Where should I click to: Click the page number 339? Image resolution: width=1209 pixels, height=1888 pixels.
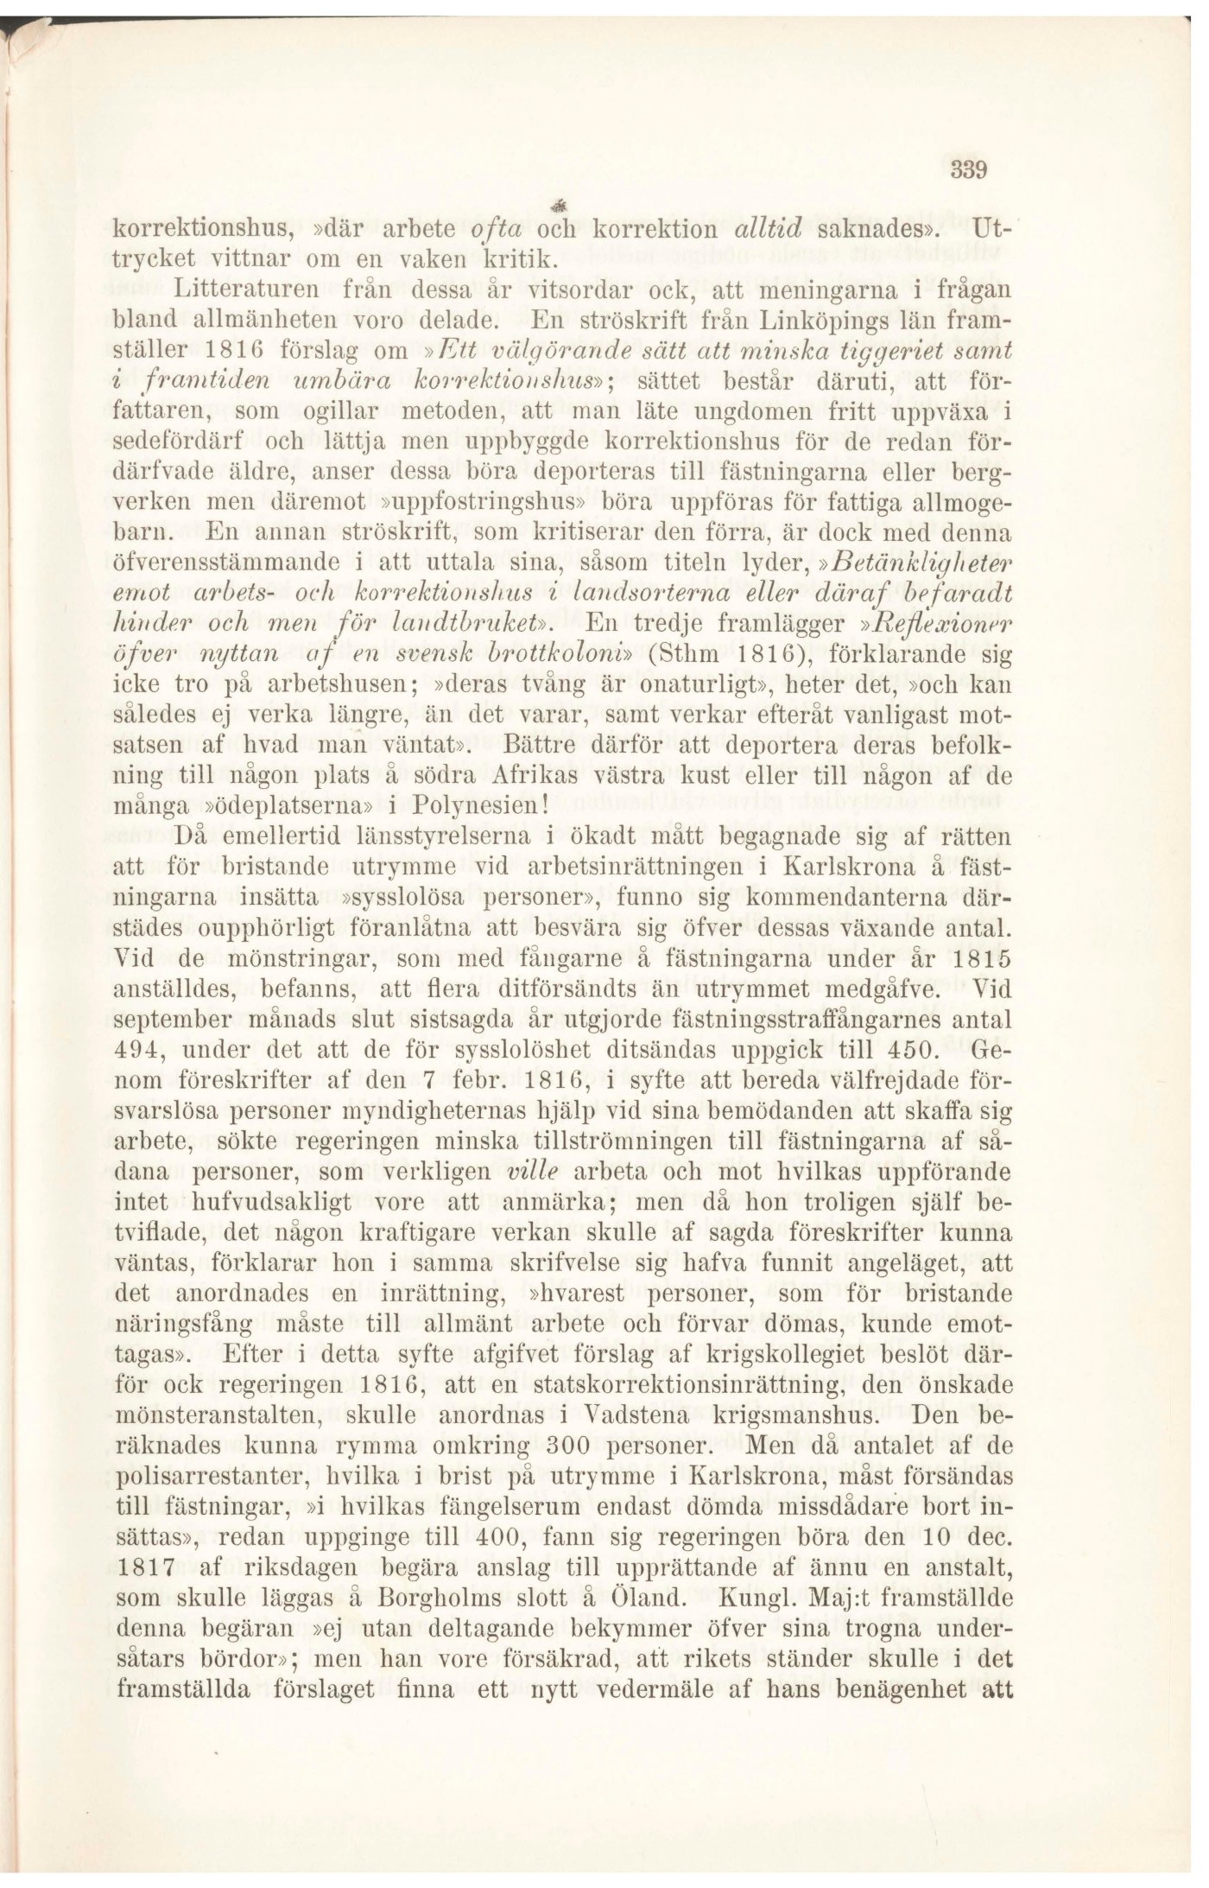click(968, 170)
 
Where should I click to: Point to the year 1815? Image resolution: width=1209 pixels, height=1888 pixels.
click(980, 959)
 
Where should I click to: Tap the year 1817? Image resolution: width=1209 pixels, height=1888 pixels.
click(144, 1567)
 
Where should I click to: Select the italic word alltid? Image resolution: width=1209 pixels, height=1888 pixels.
click(769, 228)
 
